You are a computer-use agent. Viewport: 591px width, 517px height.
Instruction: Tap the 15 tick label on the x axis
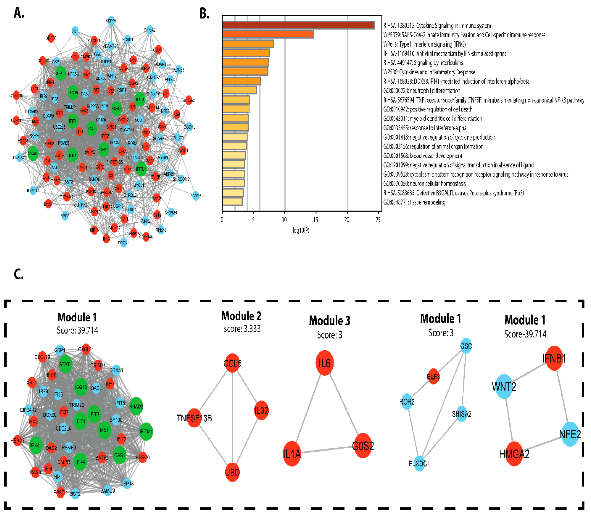point(316,220)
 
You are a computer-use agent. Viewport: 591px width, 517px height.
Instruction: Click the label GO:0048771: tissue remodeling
point(414,202)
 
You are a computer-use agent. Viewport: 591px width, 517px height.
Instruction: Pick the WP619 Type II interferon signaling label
point(424,44)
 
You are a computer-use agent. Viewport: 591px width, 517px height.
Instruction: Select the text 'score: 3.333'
point(242,329)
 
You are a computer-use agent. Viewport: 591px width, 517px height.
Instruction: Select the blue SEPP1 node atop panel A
point(111,21)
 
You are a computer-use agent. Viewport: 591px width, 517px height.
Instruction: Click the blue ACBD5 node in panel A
point(196,196)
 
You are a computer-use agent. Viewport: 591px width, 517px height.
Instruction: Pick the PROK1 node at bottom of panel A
point(123,243)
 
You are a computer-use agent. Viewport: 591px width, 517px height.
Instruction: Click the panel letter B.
point(205,14)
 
